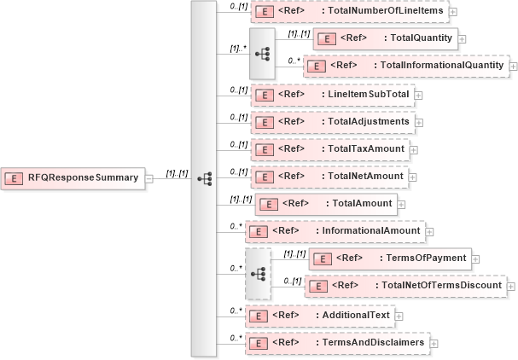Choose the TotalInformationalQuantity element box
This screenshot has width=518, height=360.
coord(405,66)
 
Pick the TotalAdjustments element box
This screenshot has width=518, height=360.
coord(333,122)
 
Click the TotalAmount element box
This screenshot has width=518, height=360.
coord(326,204)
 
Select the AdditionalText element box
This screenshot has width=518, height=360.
coord(319,315)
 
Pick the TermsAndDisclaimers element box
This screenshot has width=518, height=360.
coord(337,343)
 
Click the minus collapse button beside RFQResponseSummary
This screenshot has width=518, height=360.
coord(148,178)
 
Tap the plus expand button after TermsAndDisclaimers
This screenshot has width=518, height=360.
coord(434,343)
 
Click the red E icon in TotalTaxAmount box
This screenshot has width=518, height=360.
coord(264,148)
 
